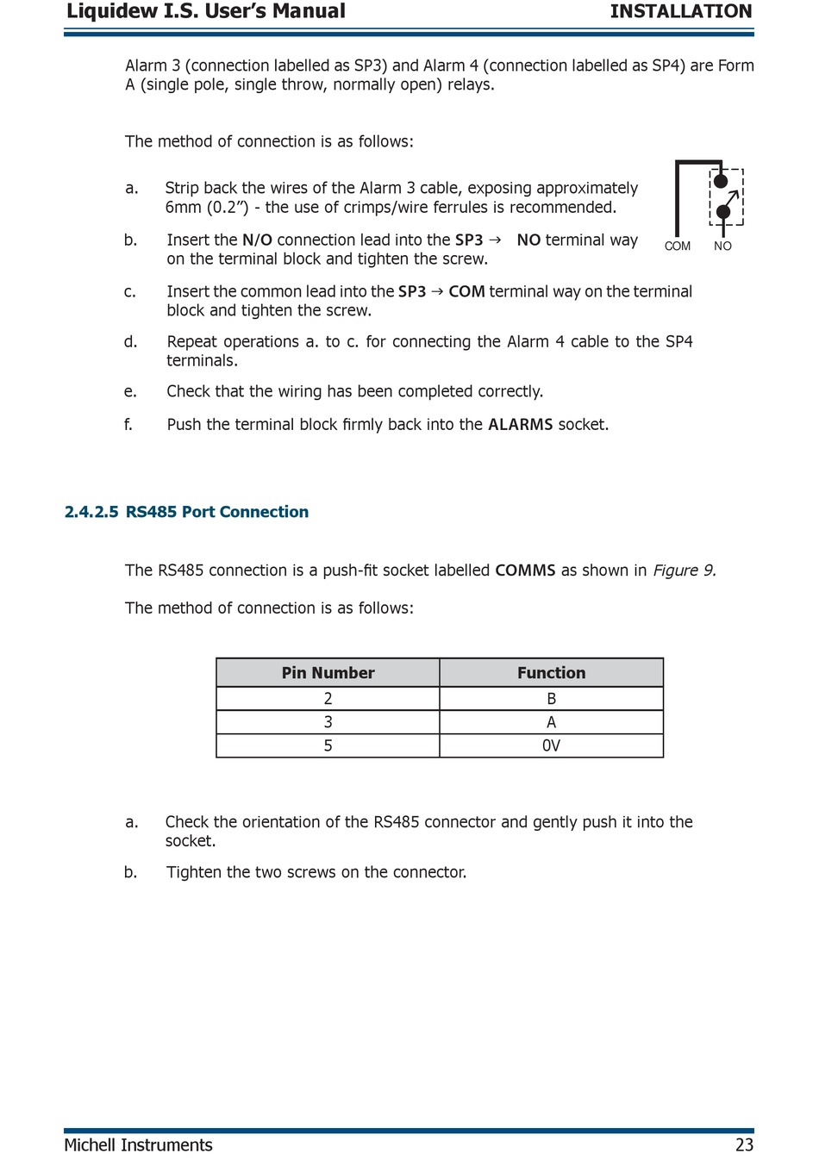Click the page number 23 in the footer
point(744,1144)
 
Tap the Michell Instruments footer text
point(138,1144)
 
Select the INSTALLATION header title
point(680,11)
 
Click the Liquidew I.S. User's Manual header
point(206,11)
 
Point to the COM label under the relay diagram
point(677,246)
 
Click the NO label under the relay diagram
point(722,246)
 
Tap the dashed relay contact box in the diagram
point(726,196)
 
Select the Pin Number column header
point(328,673)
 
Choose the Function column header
point(551,673)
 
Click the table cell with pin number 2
point(328,699)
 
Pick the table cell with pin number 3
point(328,722)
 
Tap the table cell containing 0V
point(551,745)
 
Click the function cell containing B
point(551,699)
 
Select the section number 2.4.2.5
point(91,512)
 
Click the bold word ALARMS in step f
point(520,425)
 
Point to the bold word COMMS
point(525,570)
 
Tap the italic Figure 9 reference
point(685,570)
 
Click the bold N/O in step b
point(257,240)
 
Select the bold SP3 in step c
point(412,292)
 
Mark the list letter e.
point(130,392)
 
